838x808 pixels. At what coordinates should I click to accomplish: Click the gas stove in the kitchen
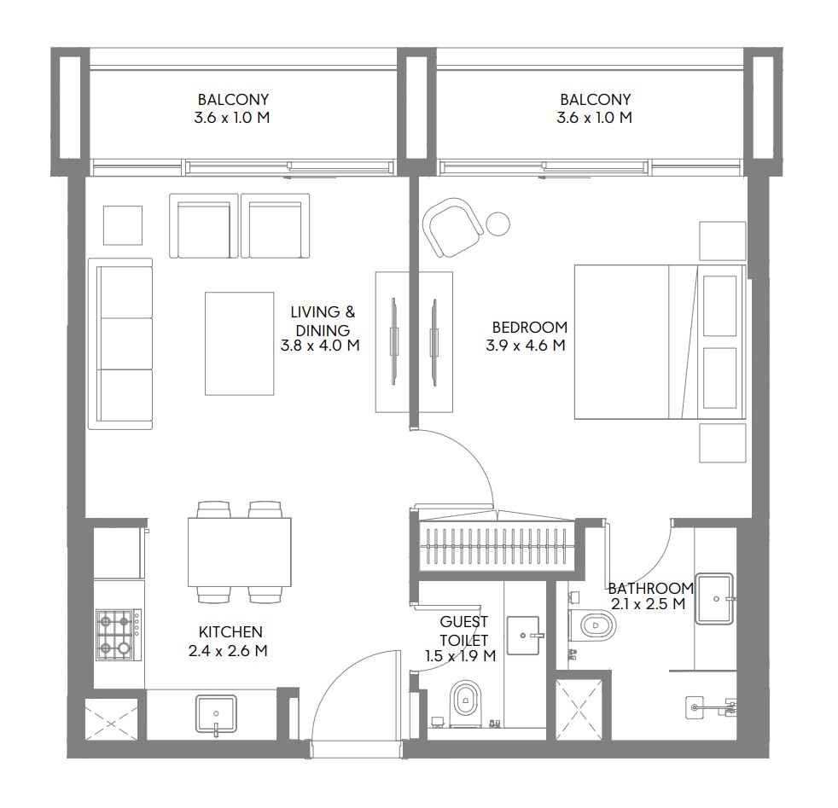[x=119, y=634]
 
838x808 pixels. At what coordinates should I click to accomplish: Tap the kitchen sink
[x=216, y=714]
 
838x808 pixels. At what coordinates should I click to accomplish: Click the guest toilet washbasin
[x=523, y=636]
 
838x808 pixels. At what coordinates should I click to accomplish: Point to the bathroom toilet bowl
[x=592, y=625]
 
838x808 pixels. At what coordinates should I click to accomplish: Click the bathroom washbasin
[x=714, y=598]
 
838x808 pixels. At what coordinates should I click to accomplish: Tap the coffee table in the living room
[x=240, y=344]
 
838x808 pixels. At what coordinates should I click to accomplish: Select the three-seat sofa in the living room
[x=120, y=344]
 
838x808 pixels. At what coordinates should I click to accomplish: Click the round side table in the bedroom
[x=498, y=224]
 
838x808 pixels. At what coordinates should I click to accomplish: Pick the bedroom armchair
[x=452, y=227]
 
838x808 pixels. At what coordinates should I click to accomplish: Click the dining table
[x=240, y=552]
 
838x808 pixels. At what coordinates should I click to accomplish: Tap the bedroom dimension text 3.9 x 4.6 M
[x=526, y=346]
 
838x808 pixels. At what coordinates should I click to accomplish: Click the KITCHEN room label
[x=230, y=631]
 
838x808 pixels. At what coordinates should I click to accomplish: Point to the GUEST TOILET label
[x=464, y=631]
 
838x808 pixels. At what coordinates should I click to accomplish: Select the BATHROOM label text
[x=651, y=589]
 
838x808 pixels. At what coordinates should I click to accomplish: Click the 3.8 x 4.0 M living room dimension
[x=320, y=346]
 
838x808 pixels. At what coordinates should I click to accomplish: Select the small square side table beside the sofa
[x=123, y=225]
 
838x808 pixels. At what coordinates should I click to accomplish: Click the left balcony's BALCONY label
[x=233, y=99]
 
